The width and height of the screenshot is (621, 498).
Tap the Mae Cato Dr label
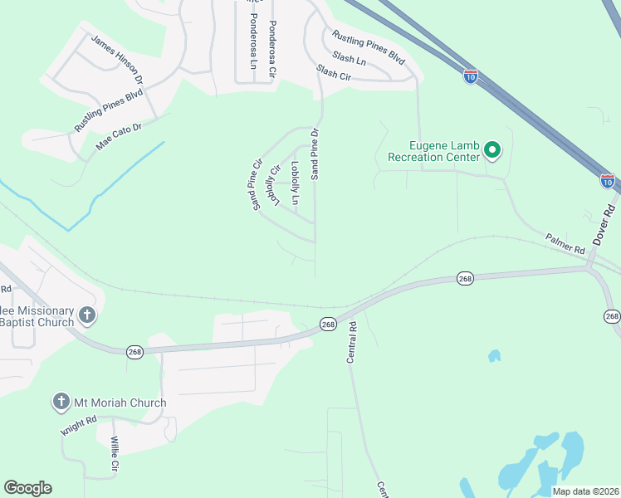click(x=120, y=136)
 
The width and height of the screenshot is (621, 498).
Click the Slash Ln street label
click(x=349, y=59)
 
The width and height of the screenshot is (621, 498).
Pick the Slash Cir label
click(x=334, y=74)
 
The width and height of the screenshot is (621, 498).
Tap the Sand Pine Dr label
click(x=315, y=154)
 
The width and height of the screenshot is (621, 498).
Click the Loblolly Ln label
click(x=295, y=182)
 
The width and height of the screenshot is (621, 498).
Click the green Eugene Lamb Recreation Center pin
click(x=492, y=150)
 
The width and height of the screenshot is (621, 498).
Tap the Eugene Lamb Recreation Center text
click(x=433, y=150)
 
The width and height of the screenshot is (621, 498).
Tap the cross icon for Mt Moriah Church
click(x=61, y=403)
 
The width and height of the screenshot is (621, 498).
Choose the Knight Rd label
click(x=80, y=425)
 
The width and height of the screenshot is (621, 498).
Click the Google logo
click(x=27, y=487)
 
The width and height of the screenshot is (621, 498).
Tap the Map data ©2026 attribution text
click(x=585, y=491)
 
